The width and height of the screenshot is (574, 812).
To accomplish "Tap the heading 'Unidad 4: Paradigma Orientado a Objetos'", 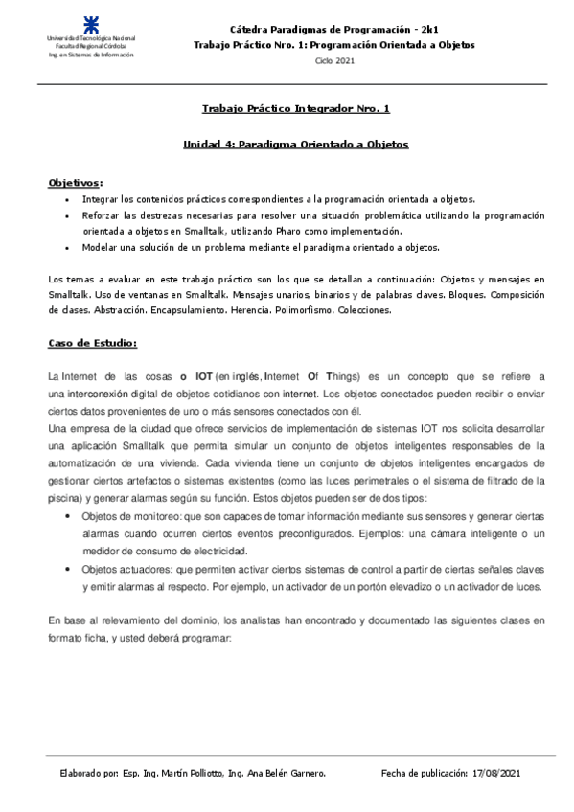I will [295, 144].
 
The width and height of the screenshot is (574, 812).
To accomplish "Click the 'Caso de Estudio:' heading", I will [93, 342].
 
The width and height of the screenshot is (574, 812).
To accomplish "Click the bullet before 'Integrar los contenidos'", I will [65, 200].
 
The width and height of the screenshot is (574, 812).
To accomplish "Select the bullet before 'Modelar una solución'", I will [65, 248].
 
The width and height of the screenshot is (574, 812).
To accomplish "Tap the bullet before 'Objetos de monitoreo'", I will [65, 516].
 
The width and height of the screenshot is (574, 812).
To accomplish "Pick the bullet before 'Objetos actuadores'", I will [65, 569].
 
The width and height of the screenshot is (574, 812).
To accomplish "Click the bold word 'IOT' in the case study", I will [202, 377].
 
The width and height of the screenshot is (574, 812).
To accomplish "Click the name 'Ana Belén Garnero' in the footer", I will [286, 772].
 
